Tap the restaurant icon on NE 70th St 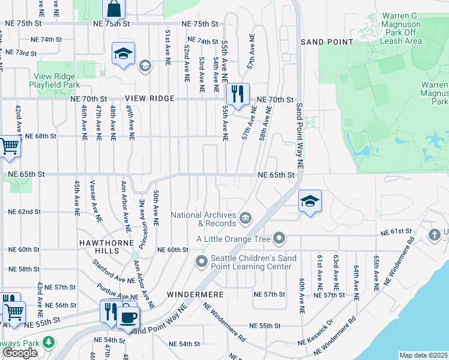[238, 94]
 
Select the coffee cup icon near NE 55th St [128, 316]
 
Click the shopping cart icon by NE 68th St [9, 146]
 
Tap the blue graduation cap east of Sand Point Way [309, 201]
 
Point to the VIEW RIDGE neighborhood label [150, 98]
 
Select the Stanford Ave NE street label [112, 271]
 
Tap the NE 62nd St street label [24, 212]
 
